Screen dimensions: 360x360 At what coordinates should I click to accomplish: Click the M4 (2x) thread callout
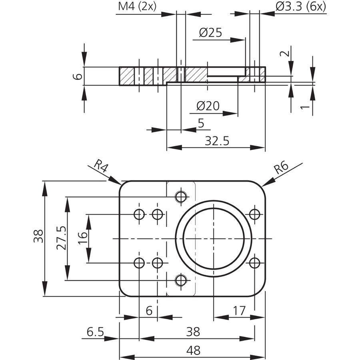coord(137,6)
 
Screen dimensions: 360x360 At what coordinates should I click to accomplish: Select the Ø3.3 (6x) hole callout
coord(301,7)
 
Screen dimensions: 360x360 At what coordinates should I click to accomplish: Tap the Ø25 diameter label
coord(210,33)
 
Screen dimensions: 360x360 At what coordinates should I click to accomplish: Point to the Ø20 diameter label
coord(208,106)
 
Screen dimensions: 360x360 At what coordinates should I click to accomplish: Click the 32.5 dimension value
coord(217,141)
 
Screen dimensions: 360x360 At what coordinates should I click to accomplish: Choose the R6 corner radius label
coord(281,167)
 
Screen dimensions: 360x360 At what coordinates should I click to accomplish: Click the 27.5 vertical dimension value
coord(62,238)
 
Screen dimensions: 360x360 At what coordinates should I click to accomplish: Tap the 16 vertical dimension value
coord(83,238)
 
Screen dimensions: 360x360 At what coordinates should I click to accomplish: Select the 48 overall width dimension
coord(193,350)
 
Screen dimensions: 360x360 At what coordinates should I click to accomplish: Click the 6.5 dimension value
coord(95,332)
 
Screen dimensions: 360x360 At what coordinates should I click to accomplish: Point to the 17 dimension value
coord(239,311)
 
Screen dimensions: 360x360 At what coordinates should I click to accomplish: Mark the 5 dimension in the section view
coord(201,123)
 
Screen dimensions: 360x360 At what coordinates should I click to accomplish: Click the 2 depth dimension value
coord(285,54)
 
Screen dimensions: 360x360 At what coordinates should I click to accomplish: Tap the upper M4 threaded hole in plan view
coord(181,196)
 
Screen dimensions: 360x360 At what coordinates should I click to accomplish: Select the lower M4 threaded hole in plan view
coord(181,280)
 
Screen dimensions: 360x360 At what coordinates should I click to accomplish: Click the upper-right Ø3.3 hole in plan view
coord(254,214)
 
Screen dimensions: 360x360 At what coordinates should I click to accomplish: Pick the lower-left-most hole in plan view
coord(139,263)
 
